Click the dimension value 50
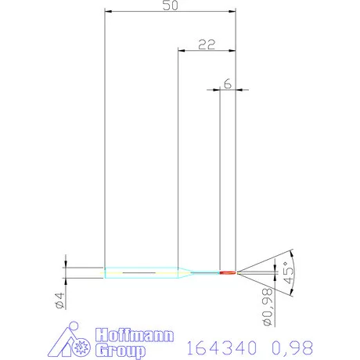170,5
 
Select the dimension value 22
207,45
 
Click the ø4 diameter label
59,300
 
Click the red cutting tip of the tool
228,272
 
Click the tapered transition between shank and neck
183,272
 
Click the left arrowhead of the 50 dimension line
108,12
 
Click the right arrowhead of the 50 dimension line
232,12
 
